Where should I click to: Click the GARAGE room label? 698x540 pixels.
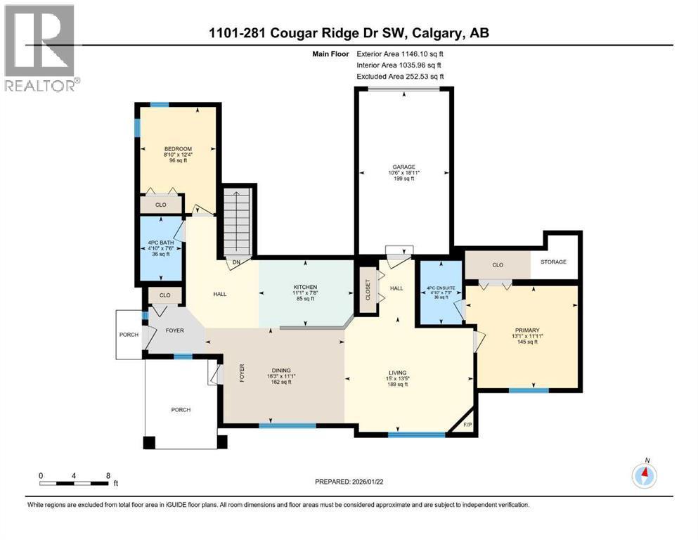(403, 167)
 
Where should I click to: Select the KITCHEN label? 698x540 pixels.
(305, 287)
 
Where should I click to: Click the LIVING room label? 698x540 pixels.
(397, 373)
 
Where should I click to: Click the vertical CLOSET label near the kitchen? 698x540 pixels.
(366, 290)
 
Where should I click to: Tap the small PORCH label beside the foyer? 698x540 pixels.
(129, 334)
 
